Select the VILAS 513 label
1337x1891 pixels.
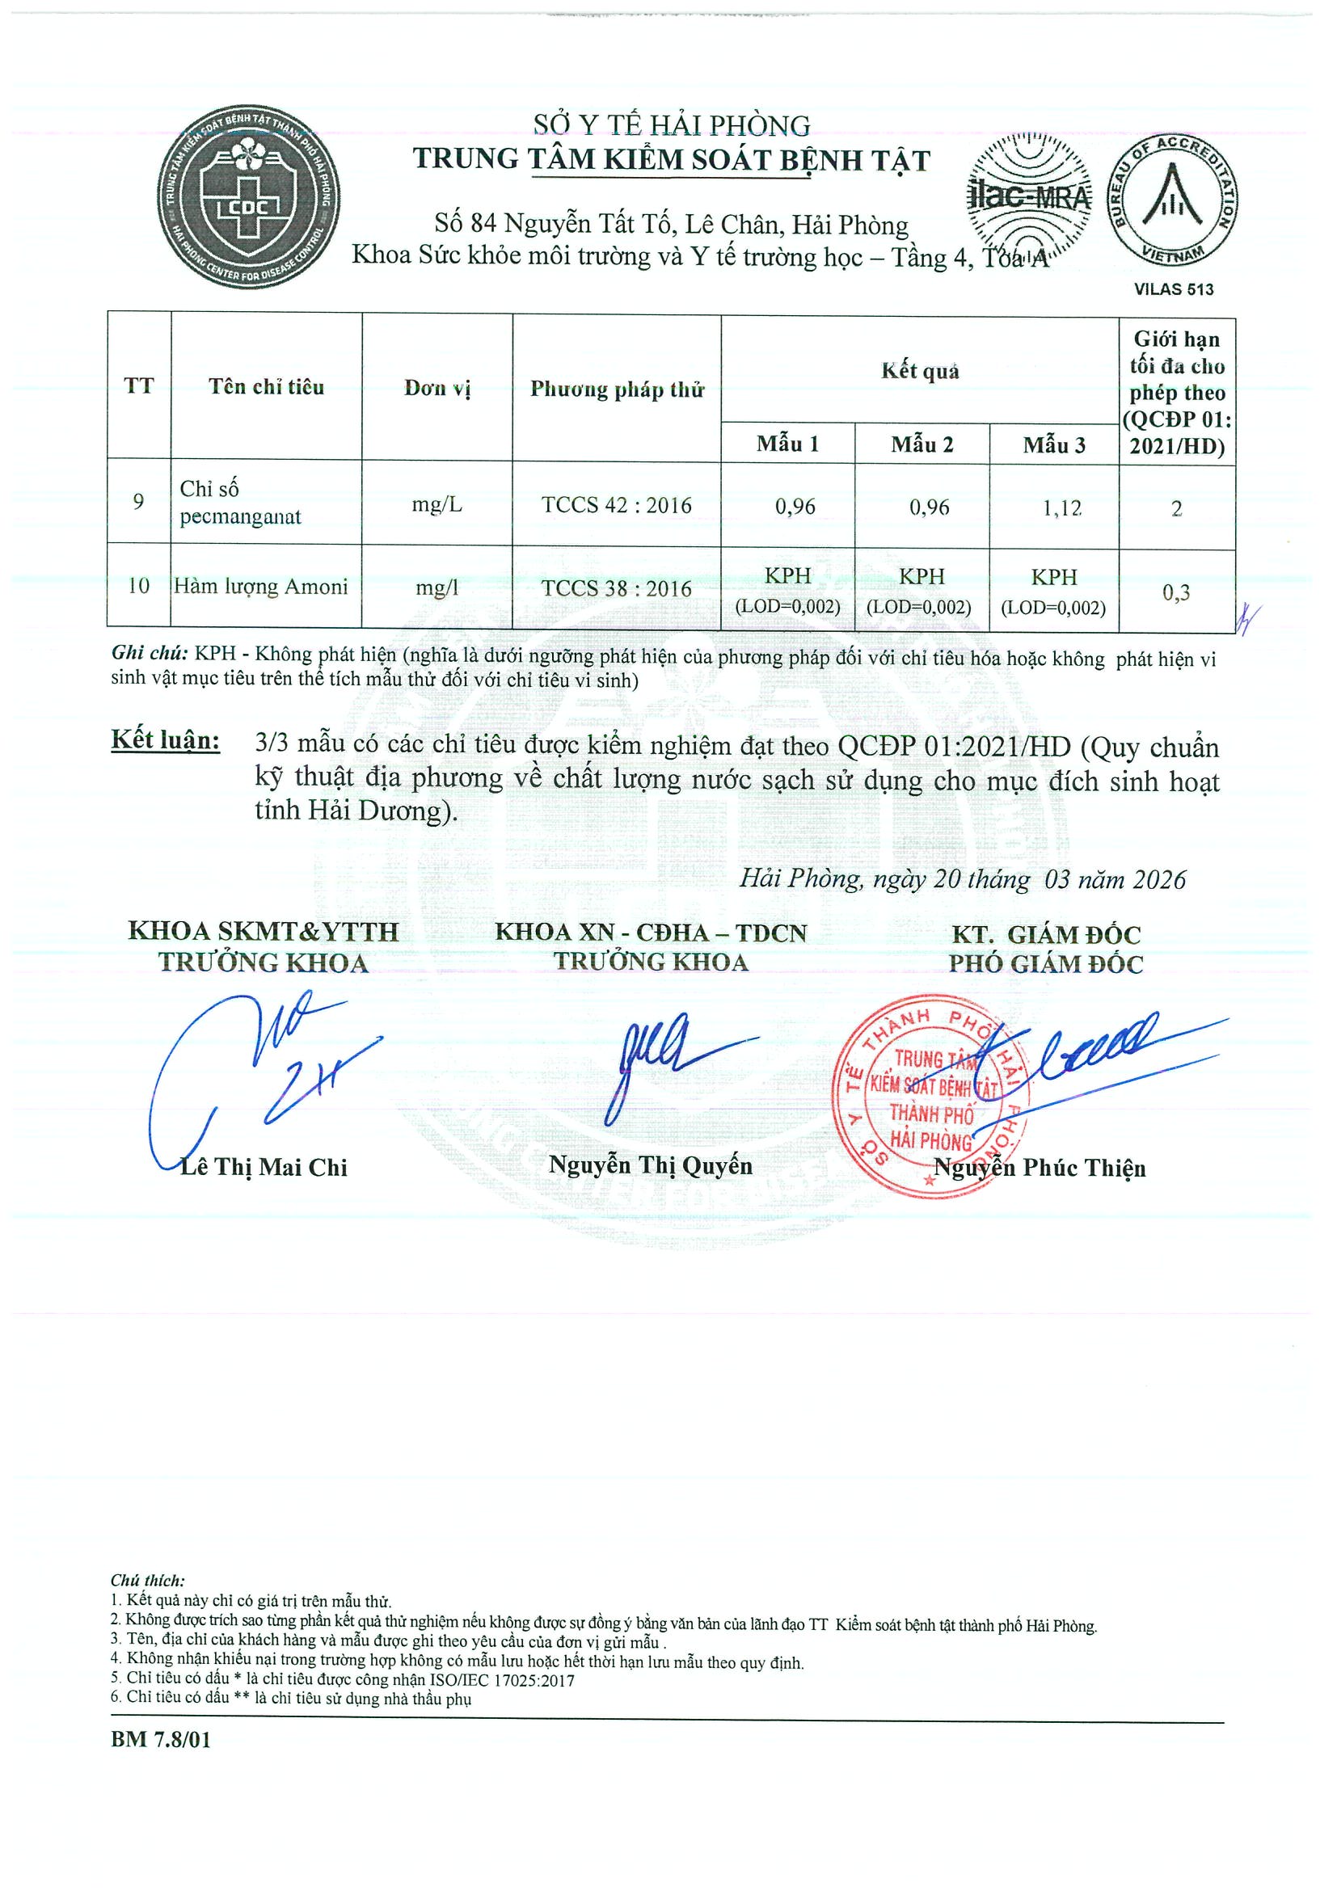[1173, 289]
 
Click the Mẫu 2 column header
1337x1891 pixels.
[922, 444]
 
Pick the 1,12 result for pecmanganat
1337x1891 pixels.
[1062, 508]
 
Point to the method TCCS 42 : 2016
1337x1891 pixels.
[616, 505]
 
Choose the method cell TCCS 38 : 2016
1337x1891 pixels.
[616, 588]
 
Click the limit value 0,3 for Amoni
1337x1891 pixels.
[1175, 592]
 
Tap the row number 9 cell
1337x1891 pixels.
[138, 502]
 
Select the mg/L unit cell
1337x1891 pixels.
[437, 504]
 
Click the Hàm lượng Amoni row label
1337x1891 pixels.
[261, 587]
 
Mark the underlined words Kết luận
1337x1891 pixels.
[166, 739]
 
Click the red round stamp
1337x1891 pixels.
[931, 1095]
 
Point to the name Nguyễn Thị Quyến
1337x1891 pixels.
[650, 1165]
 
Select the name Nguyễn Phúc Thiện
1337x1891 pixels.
[1040, 1167]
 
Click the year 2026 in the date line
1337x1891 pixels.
[1159, 879]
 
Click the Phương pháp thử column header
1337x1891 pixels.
[616, 389]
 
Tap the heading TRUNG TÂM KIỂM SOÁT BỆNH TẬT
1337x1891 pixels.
[672, 160]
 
